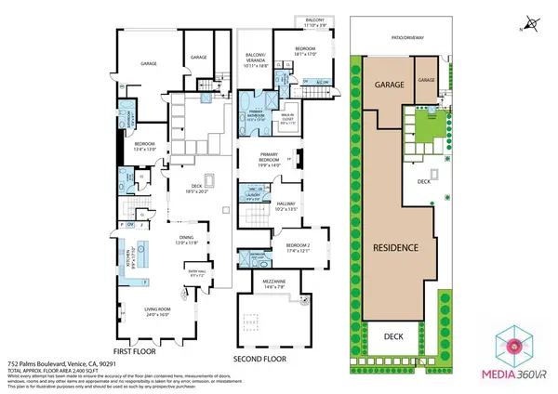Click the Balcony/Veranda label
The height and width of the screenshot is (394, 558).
point(256,60)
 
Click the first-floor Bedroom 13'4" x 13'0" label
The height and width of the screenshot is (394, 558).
point(148,146)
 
